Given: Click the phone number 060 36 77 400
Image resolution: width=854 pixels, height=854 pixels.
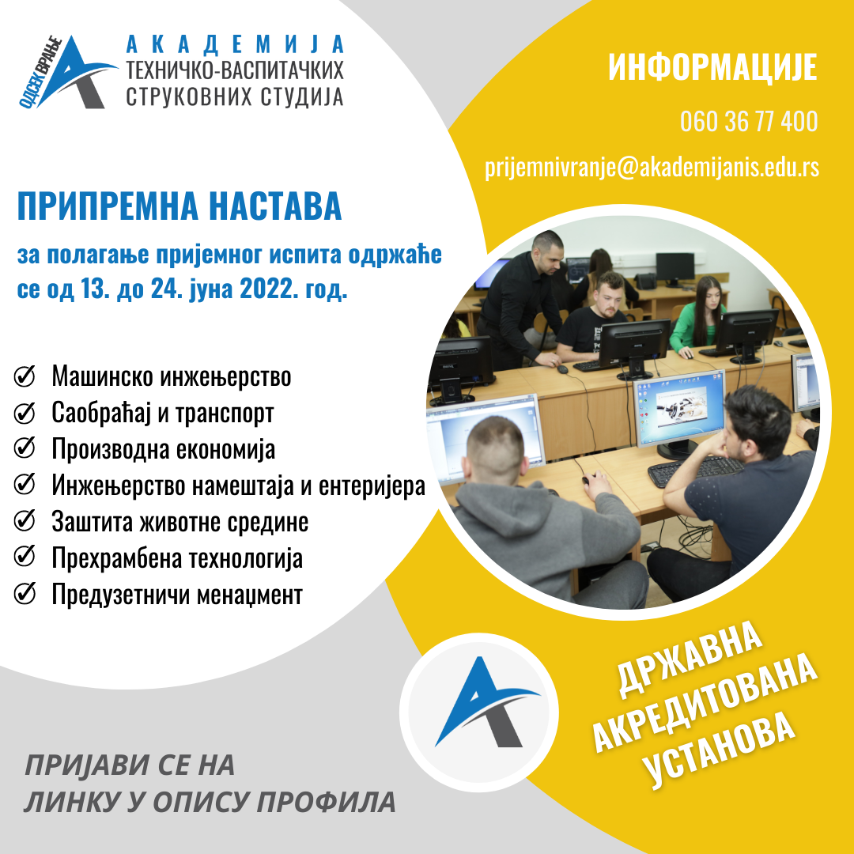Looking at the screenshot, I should [x=748, y=123].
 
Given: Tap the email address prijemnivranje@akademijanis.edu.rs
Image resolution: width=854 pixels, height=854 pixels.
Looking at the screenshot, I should [x=652, y=168].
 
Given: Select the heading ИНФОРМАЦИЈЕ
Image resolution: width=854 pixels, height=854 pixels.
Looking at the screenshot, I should [x=712, y=69].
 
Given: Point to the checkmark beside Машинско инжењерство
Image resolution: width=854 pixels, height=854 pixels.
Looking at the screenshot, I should [x=25, y=377].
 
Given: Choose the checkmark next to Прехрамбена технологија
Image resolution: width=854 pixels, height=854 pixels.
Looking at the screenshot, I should [x=25, y=558].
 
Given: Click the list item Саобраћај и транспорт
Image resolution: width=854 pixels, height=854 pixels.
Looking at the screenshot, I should [x=163, y=414].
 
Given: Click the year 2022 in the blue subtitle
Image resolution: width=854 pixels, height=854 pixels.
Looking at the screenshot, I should [x=268, y=289].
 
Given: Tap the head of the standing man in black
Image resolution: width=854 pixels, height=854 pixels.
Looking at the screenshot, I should [x=545, y=249].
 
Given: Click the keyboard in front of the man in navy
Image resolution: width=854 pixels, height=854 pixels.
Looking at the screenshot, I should [x=695, y=471].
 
